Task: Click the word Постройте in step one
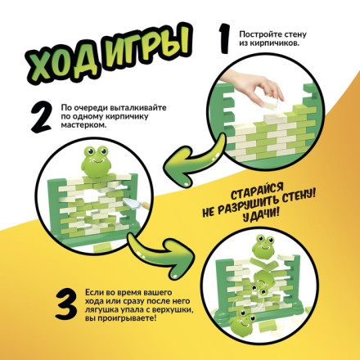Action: tap(262, 34)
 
